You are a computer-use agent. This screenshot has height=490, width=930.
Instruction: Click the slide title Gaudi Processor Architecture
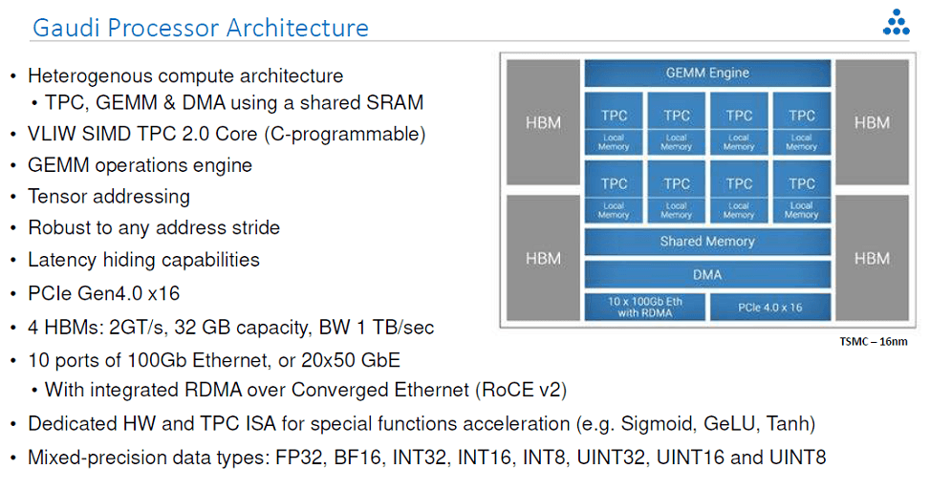point(200,28)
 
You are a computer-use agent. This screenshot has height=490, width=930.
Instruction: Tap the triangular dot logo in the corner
point(896,23)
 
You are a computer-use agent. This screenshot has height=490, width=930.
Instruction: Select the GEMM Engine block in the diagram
point(707,74)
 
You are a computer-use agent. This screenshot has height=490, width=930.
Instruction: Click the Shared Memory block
point(707,242)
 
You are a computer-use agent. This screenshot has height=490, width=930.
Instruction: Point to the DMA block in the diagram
point(707,275)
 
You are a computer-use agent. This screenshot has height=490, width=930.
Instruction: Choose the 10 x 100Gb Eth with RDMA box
point(645,307)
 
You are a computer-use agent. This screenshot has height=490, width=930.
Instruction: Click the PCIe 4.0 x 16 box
point(770,307)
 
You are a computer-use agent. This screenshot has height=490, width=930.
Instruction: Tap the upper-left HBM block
point(543,122)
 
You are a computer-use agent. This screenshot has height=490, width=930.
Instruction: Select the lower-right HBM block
point(872,258)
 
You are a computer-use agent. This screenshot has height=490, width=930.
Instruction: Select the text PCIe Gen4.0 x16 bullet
point(103,293)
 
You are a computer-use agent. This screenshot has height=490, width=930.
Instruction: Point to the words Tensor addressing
point(109,197)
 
